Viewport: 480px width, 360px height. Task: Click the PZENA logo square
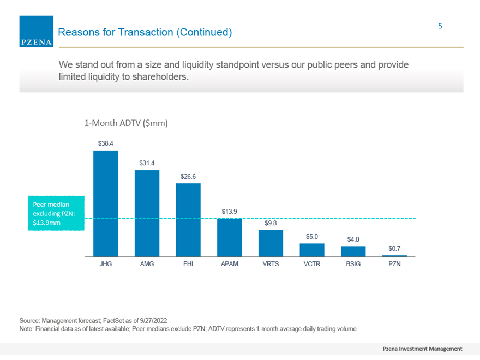pyautogui.click(x=37, y=32)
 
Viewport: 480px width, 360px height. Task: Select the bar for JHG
pyautogui.click(x=106, y=203)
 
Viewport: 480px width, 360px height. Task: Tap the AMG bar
pyautogui.click(x=147, y=213)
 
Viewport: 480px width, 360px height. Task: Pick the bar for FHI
pyautogui.click(x=188, y=220)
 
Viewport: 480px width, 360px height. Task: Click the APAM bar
pyautogui.click(x=230, y=238)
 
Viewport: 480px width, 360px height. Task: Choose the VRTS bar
pyautogui.click(x=271, y=243)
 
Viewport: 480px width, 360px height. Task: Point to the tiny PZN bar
pyautogui.click(x=394, y=256)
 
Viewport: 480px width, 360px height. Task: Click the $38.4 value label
pyautogui.click(x=106, y=143)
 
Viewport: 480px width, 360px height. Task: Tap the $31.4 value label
pyautogui.click(x=147, y=163)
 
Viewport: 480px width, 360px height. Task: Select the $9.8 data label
pyautogui.click(x=271, y=223)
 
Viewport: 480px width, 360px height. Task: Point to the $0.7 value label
pyautogui.click(x=394, y=249)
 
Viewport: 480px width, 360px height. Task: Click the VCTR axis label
pyautogui.click(x=312, y=264)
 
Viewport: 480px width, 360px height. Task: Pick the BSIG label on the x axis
pyautogui.click(x=353, y=264)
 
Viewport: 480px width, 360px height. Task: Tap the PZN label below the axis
pyautogui.click(x=394, y=264)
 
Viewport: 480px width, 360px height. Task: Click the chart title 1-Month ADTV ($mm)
pyautogui.click(x=126, y=123)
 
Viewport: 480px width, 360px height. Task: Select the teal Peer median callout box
pyautogui.click(x=56, y=213)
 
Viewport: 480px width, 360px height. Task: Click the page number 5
pyautogui.click(x=440, y=26)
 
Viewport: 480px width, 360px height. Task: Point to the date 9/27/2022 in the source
pyautogui.click(x=153, y=321)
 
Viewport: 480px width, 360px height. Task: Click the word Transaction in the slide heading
pyautogui.click(x=146, y=32)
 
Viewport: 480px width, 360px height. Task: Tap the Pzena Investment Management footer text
pyautogui.click(x=422, y=349)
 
